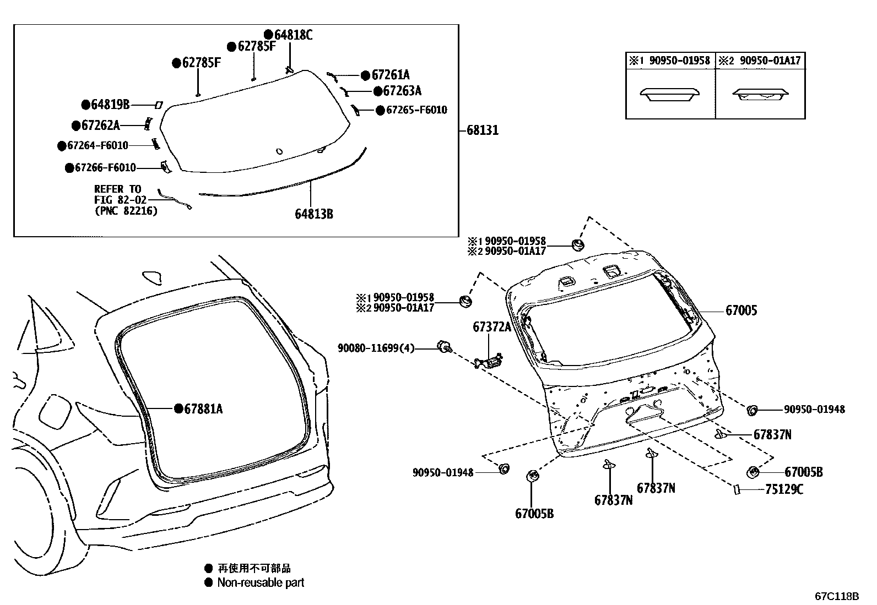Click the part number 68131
coord(483,130)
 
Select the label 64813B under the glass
coord(314,214)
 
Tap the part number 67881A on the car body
coord(203,409)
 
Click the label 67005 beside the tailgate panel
coord(741,310)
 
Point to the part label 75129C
coord(784,489)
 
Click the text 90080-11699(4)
coord(376,348)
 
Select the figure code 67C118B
coord(837,596)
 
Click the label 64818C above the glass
coord(293,35)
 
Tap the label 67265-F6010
coord(416,110)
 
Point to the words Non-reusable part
coord(261,582)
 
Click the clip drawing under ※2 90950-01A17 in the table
coord(760,95)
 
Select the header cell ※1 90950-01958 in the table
coord(670,61)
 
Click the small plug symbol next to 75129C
coord(737,489)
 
